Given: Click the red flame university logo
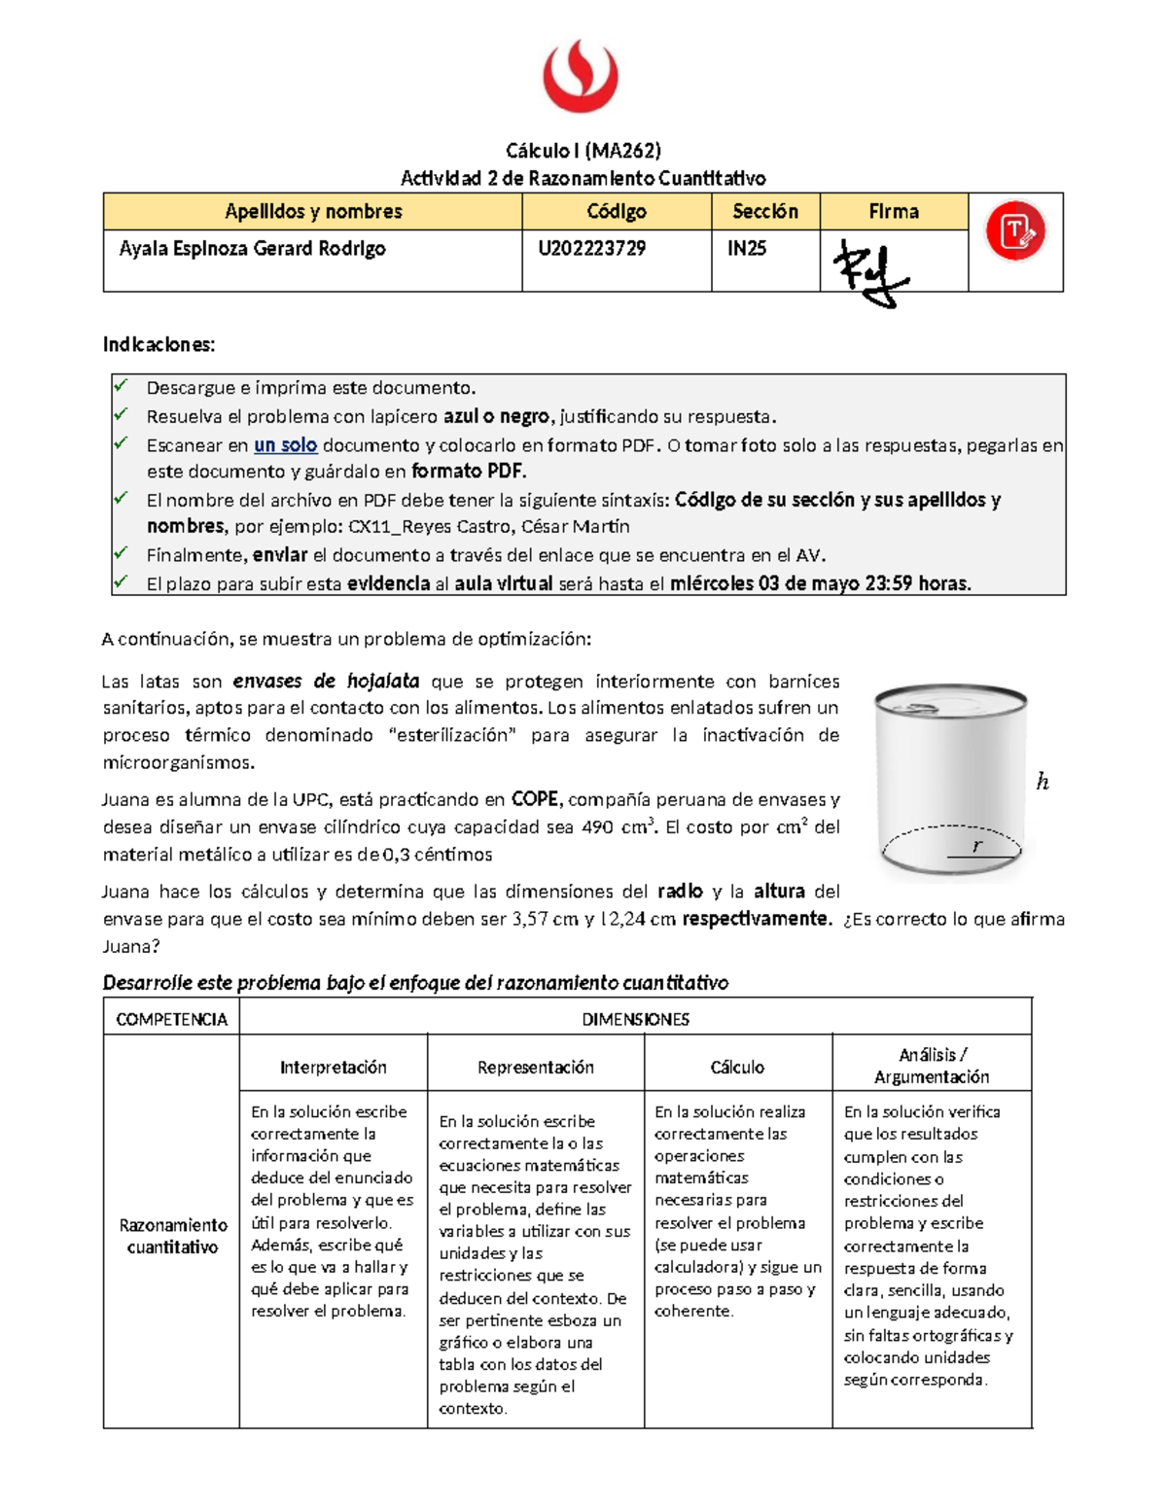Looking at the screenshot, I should [x=581, y=76].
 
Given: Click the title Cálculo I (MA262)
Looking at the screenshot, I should [x=583, y=150].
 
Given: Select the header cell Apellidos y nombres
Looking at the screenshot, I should [x=312, y=211].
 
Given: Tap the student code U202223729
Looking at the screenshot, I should [x=592, y=248].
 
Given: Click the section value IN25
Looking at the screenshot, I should [x=747, y=248].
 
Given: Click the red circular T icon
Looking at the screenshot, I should [x=1015, y=231].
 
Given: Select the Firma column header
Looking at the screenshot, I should [x=893, y=211].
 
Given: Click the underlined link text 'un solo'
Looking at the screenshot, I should [x=285, y=445].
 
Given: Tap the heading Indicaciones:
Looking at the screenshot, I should [x=159, y=344].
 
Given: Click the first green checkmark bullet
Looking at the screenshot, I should [x=122, y=386].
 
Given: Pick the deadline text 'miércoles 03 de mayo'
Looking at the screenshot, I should [x=763, y=583].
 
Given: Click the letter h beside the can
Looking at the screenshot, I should [x=1043, y=782].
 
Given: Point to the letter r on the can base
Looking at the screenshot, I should [x=977, y=846].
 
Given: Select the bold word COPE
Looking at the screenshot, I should [x=535, y=799].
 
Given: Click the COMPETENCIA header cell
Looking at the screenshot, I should [x=171, y=1019].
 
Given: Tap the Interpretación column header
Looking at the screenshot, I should [x=333, y=1067].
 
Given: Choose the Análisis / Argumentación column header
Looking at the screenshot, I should [x=932, y=1066].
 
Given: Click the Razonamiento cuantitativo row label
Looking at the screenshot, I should [x=172, y=1236].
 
